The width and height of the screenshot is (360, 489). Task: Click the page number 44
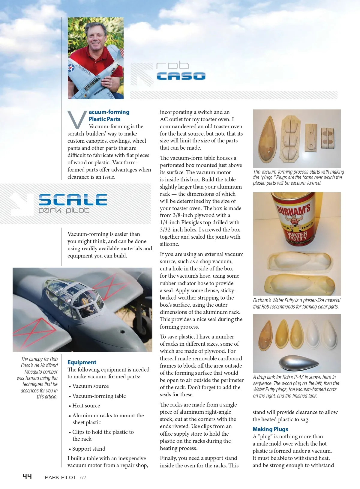[27, 477]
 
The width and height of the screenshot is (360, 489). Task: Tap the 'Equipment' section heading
[82, 362]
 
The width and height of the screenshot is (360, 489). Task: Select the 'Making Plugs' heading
[270, 429]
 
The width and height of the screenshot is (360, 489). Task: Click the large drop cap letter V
[77, 120]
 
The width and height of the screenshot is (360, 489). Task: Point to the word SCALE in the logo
[73, 200]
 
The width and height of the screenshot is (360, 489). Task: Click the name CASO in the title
[181, 76]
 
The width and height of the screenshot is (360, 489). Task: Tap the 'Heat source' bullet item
[86, 406]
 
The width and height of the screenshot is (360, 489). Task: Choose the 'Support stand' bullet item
[89, 449]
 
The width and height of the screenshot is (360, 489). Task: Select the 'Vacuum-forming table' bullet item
[99, 396]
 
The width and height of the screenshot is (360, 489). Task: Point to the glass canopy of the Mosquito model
[76, 295]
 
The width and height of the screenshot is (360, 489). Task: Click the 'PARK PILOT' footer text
[61, 477]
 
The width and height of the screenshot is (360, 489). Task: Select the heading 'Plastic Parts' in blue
[104, 119]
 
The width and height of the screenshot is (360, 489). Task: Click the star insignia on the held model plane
[71, 68]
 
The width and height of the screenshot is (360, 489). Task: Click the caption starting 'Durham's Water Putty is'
[296, 303]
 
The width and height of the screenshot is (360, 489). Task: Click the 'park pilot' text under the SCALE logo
[64, 210]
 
